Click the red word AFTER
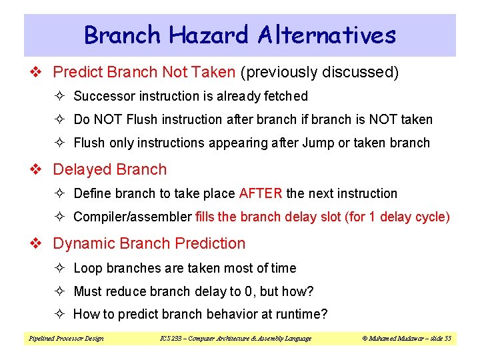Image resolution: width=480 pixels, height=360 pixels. click(x=261, y=194)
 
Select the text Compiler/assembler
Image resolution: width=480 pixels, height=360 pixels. click(x=133, y=217)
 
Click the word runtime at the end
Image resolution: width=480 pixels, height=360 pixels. click(x=300, y=314)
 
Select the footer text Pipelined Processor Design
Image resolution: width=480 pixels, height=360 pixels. click(x=65, y=339)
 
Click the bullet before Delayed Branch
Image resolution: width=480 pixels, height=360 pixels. click(x=39, y=170)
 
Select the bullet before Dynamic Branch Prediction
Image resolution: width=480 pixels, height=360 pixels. click(x=39, y=244)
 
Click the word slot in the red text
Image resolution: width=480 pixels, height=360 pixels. click(x=329, y=217)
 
